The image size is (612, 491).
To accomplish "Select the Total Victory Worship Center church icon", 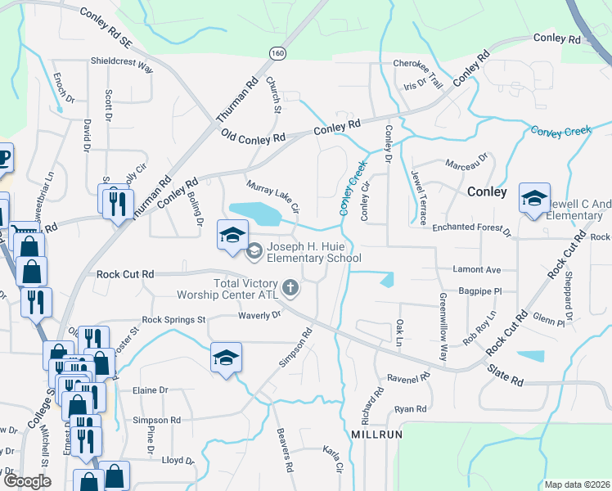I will [290, 287].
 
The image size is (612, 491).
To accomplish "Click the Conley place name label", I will [487, 191].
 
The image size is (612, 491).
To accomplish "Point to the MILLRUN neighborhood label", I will [377, 434].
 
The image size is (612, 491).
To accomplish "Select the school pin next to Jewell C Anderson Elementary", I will [534, 200].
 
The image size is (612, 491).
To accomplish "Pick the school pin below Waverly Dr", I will [227, 358].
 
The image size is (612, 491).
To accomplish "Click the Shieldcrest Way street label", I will [122, 65].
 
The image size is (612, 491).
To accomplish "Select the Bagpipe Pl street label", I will [479, 290].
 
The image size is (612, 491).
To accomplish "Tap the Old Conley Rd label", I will [253, 138].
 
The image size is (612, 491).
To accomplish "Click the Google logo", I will [27, 481].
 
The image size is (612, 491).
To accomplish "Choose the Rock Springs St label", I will [173, 320].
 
